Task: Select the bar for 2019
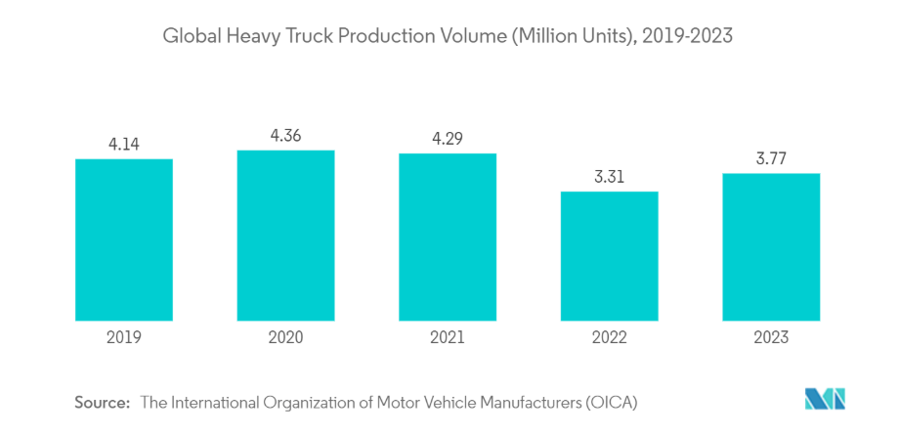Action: tap(124, 239)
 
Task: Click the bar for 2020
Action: tap(285, 235)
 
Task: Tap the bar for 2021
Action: tap(448, 237)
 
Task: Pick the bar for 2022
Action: tap(609, 255)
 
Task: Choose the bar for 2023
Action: tap(771, 246)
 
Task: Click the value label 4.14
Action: tap(124, 143)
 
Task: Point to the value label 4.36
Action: tap(285, 134)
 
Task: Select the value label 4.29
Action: tap(448, 137)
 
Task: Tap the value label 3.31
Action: tap(609, 176)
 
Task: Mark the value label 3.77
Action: tap(771, 157)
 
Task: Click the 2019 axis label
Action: tap(124, 337)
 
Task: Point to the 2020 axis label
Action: tap(285, 337)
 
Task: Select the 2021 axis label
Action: tap(448, 337)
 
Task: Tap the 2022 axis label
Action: tap(609, 337)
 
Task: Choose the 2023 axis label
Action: tap(771, 337)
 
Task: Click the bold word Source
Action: tap(102, 402)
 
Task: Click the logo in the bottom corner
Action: tap(824, 399)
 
